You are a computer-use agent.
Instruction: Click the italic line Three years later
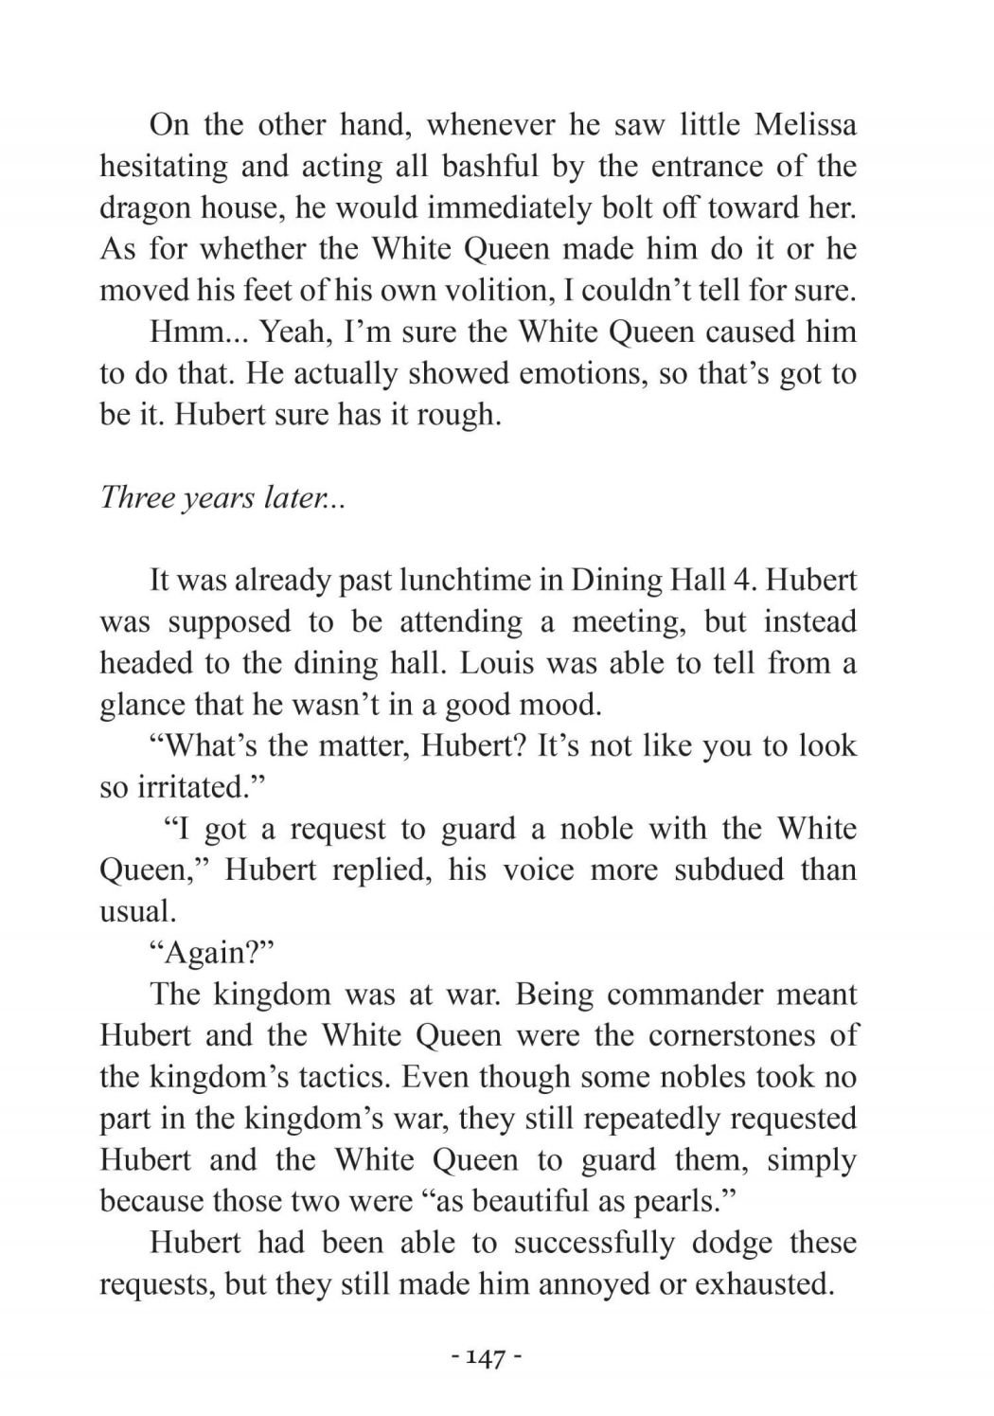pos(222,497)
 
